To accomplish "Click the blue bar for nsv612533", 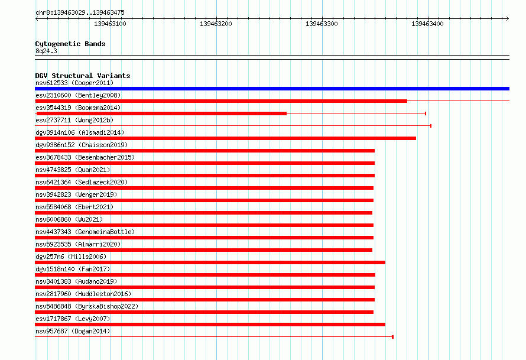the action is tap(272, 89).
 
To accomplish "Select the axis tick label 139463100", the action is tap(110, 24).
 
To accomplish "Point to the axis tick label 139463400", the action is tap(427, 24).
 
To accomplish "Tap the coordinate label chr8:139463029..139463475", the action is tap(80, 12).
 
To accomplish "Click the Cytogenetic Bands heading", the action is tap(70, 44).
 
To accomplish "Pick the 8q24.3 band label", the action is tap(46, 51).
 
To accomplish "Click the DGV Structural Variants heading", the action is tap(83, 76).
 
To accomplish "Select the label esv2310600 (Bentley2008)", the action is tap(78, 95).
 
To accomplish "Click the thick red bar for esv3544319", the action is tap(161, 113).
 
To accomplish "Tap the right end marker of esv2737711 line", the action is tap(431, 126).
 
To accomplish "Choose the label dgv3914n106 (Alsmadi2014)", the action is tap(80, 132).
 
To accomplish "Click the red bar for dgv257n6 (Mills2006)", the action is tap(210, 262).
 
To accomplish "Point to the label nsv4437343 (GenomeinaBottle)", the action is tap(85, 232).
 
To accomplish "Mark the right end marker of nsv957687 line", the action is tap(393, 337).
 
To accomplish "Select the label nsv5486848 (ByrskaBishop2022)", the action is tap(87, 306).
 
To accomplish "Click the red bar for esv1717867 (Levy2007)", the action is tap(210, 325).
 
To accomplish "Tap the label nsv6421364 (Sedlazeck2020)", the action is tap(82, 182).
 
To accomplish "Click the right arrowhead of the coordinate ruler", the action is tap(508, 19).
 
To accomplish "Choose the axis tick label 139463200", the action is tap(216, 24).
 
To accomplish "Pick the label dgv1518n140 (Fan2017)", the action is tap(73, 269).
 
